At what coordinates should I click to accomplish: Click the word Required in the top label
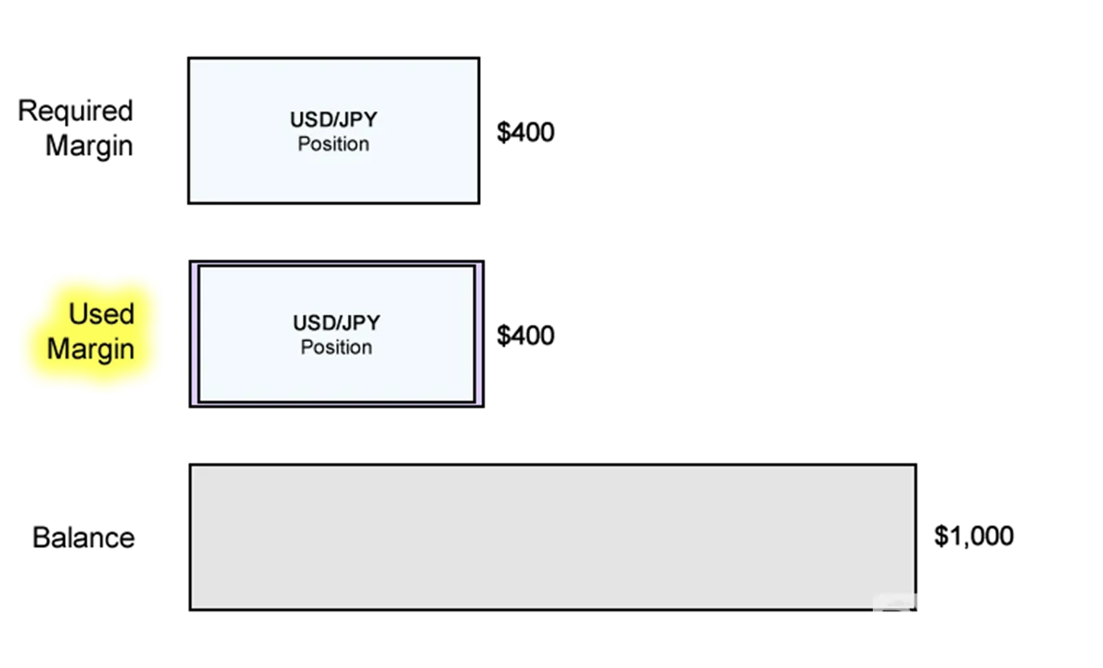[x=75, y=111]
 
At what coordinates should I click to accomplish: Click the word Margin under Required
[x=89, y=147]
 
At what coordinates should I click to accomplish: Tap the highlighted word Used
[x=101, y=314]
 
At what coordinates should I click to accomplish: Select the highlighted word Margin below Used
[x=91, y=349]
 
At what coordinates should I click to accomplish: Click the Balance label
[x=84, y=538]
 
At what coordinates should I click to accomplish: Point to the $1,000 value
[x=974, y=536]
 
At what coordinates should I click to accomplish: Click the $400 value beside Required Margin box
[x=526, y=132]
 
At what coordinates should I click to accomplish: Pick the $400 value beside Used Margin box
[x=526, y=335]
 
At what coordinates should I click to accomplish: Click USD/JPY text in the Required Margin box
[x=333, y=120]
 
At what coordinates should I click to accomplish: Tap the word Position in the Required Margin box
[x=333, y=144]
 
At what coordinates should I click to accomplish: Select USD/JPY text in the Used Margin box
[x=336, y=323]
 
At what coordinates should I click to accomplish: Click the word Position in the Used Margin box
[x=336, y=347]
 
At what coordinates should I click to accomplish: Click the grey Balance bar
[x=553, y=537]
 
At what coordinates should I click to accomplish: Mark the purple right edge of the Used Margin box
[x=480, y=334]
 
